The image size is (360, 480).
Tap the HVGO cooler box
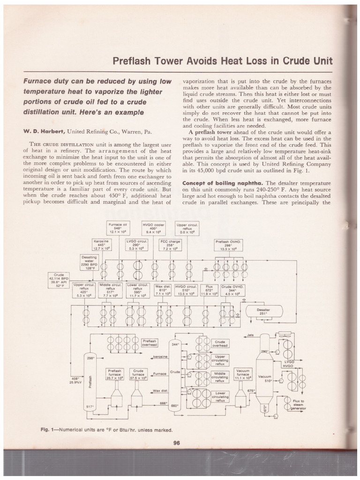pos(153,228)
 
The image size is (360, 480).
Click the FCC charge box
pos(171,244)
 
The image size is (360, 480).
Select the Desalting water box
pos(90,263)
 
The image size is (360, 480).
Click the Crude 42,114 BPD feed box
pos(59,279)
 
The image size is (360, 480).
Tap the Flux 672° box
pos(209,291)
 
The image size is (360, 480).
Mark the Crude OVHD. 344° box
pos(232,291)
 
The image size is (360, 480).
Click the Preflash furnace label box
pos(115,374)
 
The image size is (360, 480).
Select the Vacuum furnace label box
pos(243,374)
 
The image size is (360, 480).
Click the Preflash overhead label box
pos(150,343)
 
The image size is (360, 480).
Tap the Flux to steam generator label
pos(299,404)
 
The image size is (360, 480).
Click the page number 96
pos(177,445)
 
